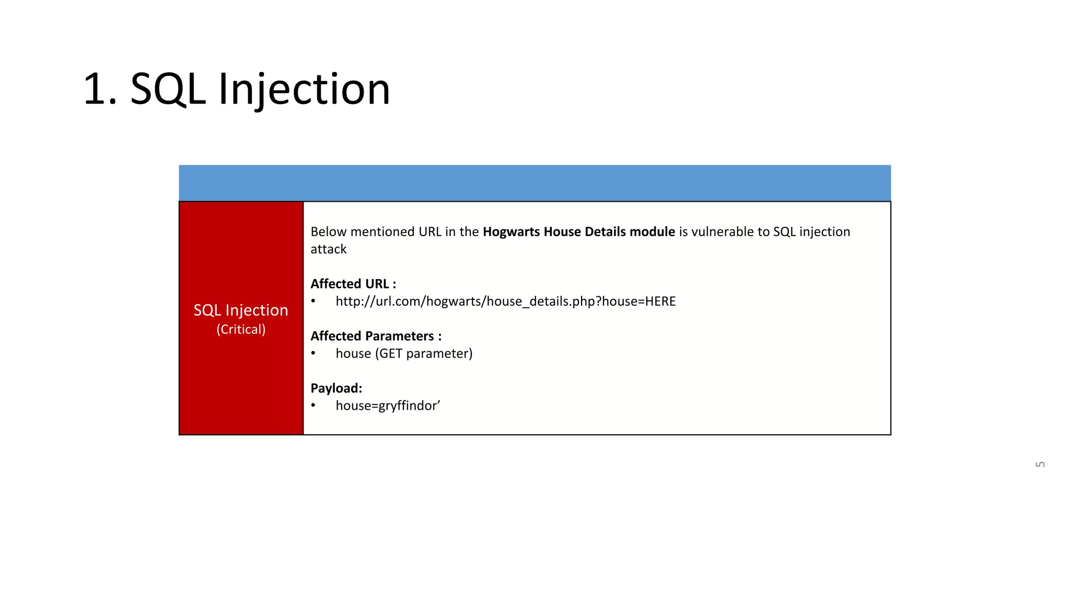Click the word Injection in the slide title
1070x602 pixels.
(x=304, y=90)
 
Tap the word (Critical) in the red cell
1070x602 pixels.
(x=241, y=330)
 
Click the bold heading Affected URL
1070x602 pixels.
(x=353, y=284)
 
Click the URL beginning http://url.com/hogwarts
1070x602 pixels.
(x=505, y=302)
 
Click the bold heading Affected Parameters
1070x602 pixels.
(x=376, y=337)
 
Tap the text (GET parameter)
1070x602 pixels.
(x=423, y=354)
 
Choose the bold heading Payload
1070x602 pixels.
(x=336, y=389)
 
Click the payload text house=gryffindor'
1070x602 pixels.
(x=388, y=406)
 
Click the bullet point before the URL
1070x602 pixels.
(x=313, y=302)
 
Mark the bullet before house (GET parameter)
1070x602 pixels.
(x=313, y=354)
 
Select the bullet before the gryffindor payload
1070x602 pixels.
(x=313, y=406)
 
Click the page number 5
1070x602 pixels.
(x=1040, y=464)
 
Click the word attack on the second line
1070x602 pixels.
(x=328, y=250)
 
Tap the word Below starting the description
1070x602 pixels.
(x=328, y=232)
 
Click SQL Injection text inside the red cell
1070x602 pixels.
(x=241, y=310)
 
